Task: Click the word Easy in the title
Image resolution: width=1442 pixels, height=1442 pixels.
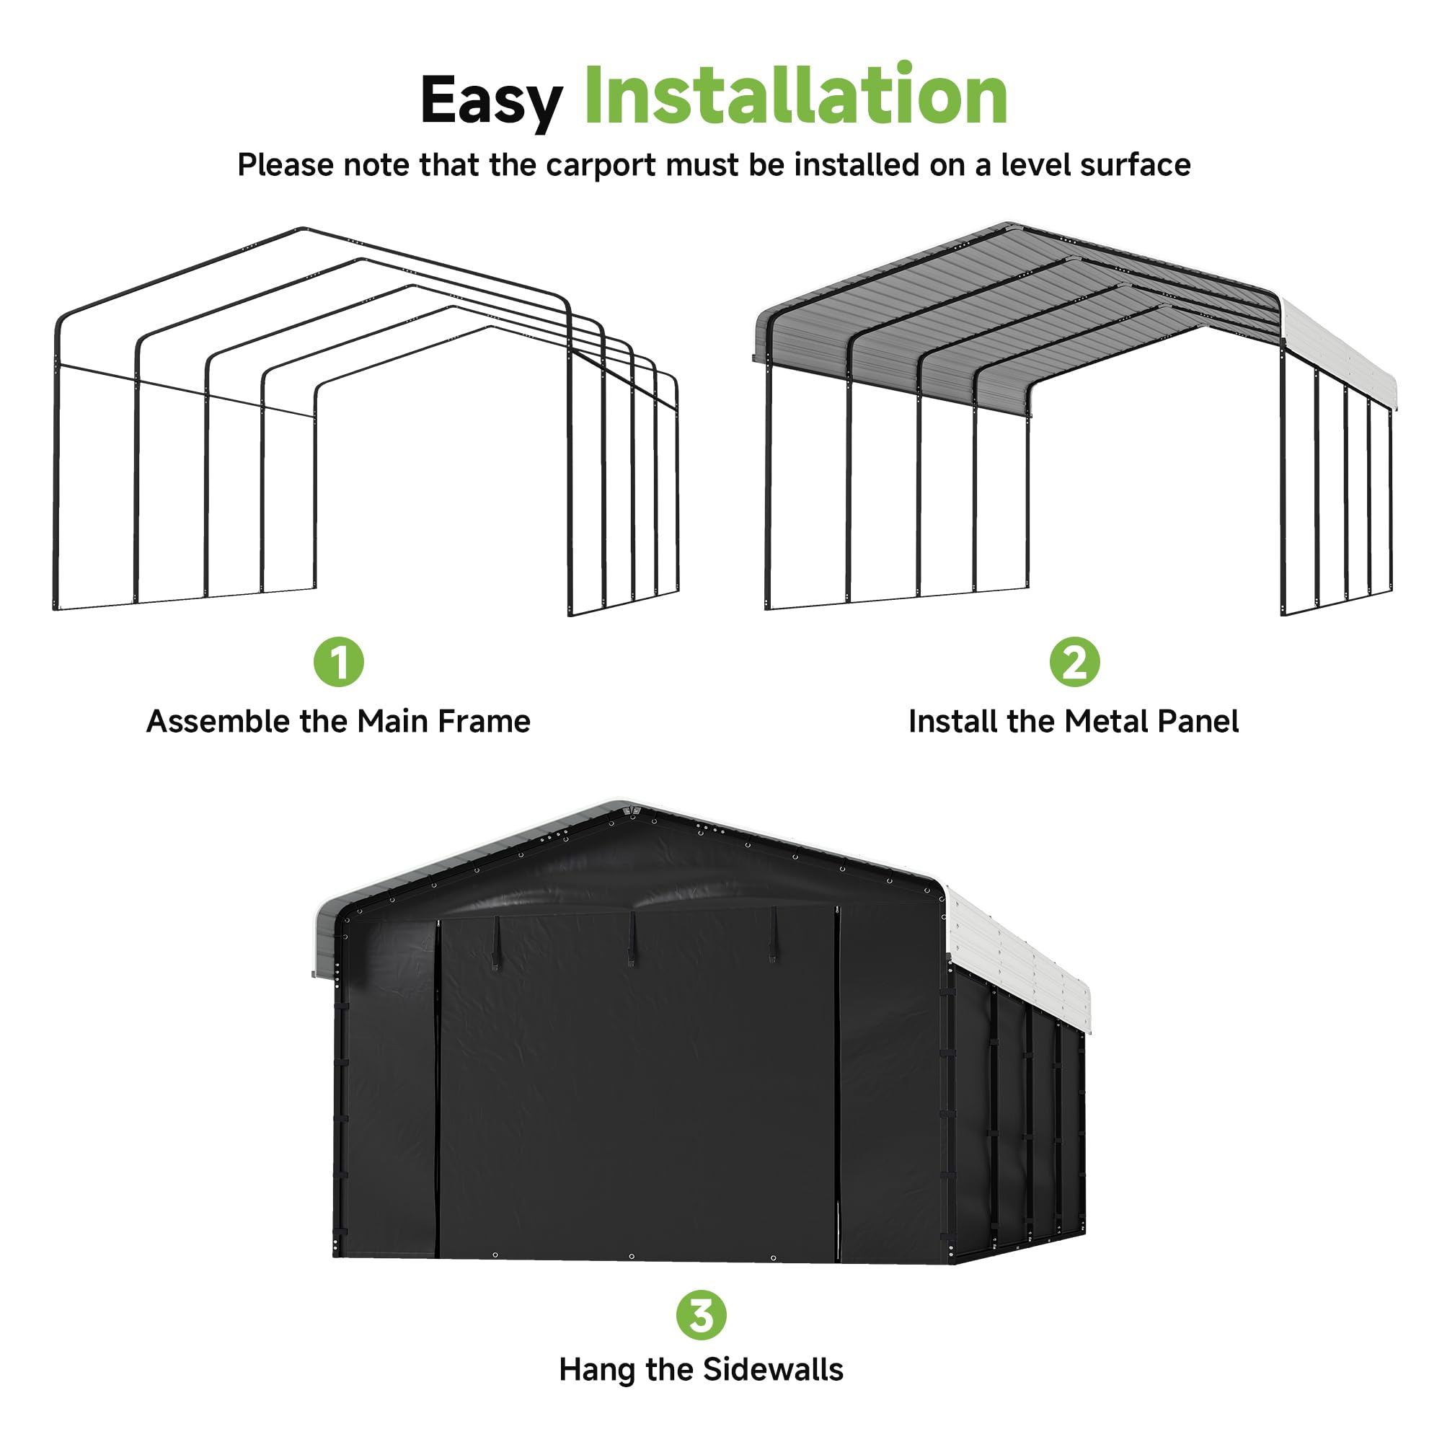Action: [490, 101]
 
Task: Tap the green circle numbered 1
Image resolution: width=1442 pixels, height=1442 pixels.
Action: [338, 661]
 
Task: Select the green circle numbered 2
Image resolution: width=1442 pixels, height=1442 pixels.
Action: [1074, 661]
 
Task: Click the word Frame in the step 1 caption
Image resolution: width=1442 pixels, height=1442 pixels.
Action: [484, 722]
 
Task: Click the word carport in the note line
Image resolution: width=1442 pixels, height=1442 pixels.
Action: [601, 165]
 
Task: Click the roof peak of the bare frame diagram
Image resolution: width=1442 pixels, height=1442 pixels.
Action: [302, 229]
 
